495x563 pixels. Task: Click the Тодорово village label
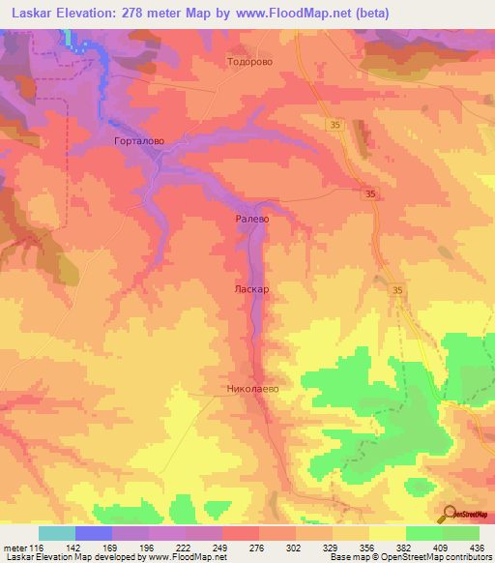click(248, 60)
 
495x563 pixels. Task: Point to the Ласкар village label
click(250, 288)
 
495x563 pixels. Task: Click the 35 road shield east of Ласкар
click(398, 289)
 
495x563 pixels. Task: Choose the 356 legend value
click(365, 548)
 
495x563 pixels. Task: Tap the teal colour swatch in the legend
click(57, 533)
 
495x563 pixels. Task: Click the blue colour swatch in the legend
click(94, 533)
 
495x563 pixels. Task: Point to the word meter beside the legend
click(16, 548)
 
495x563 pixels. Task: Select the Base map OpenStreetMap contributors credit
click(408, 558)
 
